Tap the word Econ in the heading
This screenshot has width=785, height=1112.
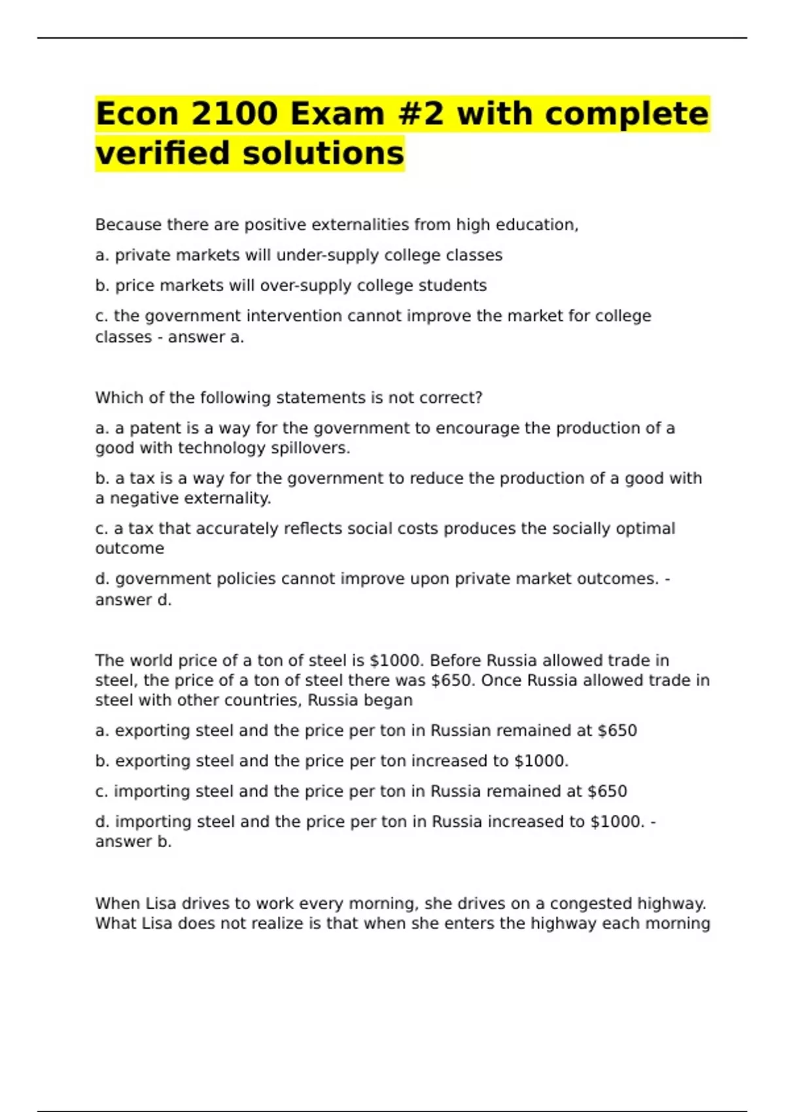click(137, 114)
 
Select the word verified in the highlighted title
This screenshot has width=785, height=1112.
click(164, 153)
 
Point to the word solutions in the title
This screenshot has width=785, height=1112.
click(323, 153)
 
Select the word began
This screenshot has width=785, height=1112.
click(390, 701)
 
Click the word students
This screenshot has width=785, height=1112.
click(452, 286)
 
